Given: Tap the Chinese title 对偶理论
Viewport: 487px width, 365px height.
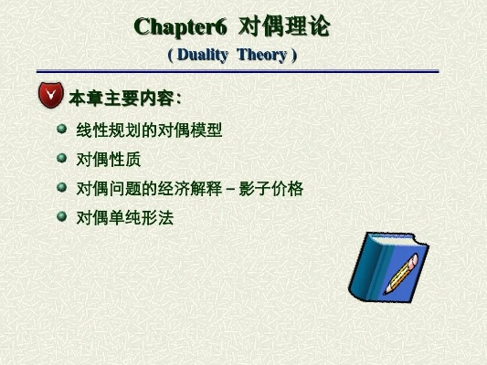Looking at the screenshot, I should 290,26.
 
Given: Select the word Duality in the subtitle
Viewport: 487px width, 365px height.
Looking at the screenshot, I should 203,56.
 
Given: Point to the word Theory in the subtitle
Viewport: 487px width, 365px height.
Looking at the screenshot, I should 261,56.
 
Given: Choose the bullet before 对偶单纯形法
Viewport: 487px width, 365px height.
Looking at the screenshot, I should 62,217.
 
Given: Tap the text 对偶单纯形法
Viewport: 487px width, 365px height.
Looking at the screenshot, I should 123,218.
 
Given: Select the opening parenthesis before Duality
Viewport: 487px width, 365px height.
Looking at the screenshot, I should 170,56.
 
